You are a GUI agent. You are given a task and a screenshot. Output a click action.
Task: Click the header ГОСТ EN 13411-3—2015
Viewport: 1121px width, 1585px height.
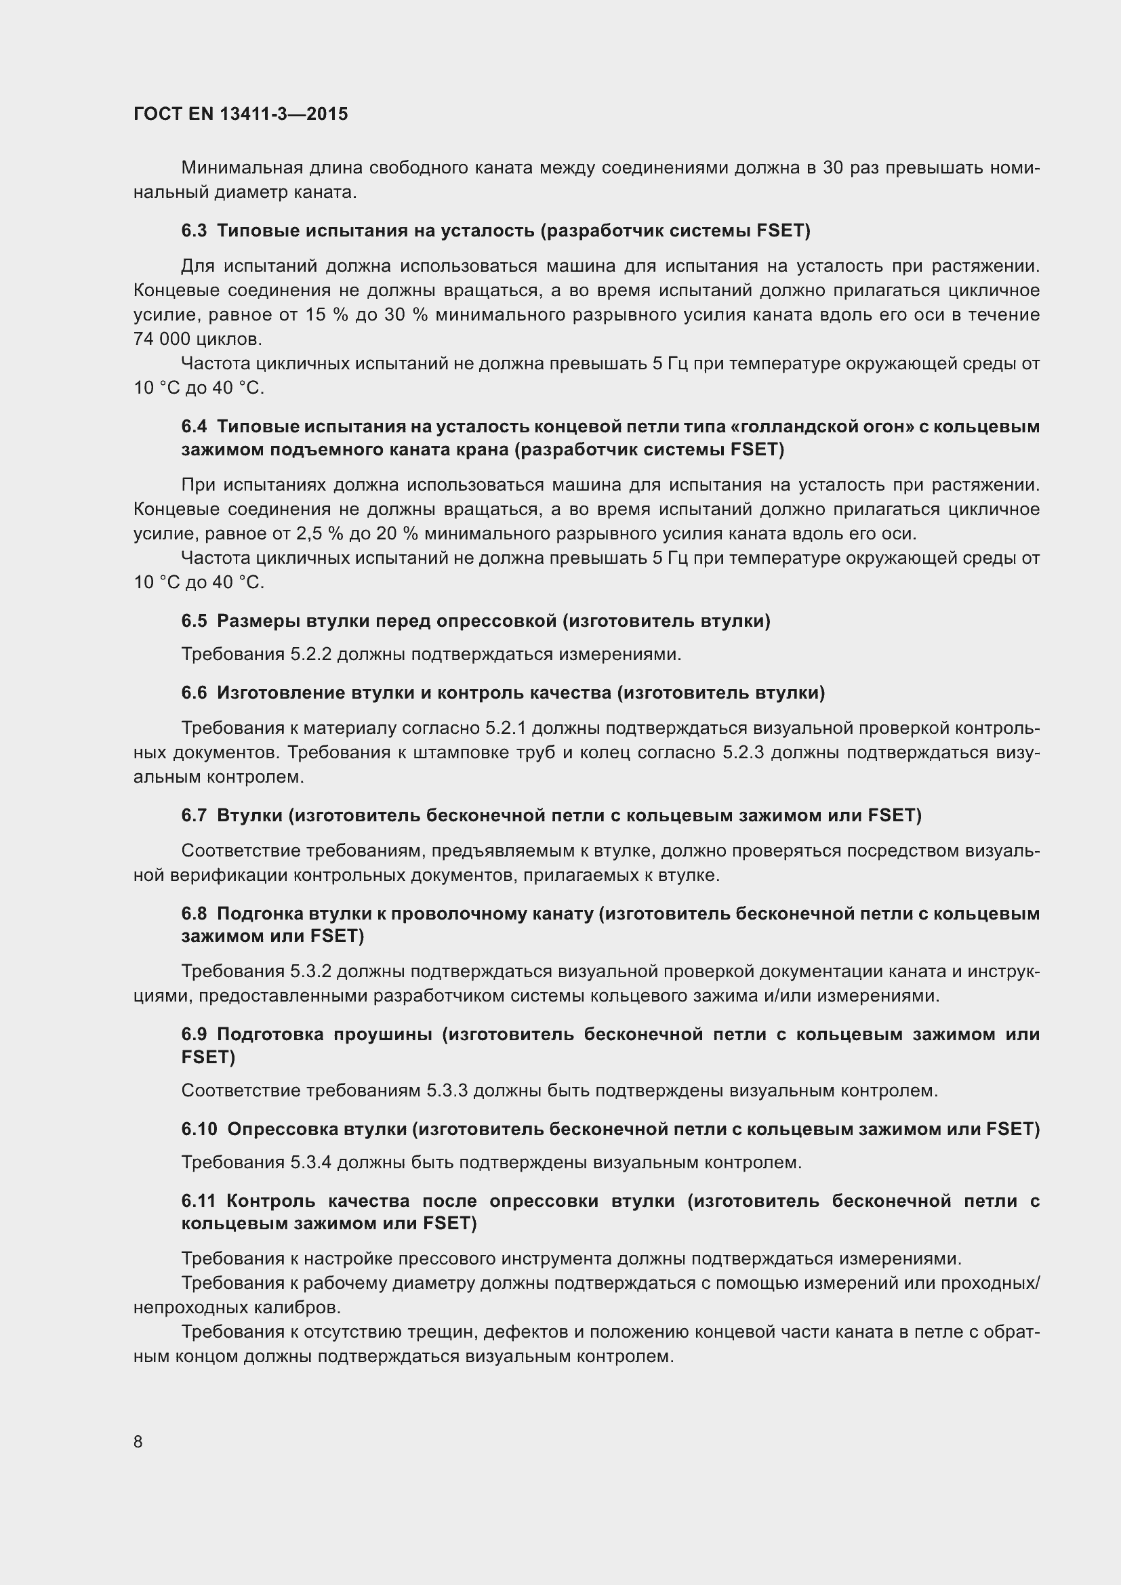click(241, 114)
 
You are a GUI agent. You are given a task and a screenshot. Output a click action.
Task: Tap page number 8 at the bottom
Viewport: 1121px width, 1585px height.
click(138, 1442)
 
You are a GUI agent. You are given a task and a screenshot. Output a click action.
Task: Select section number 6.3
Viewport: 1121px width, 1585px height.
click(194, 230)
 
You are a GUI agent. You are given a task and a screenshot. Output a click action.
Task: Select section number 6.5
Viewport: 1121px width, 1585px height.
click(194, 621)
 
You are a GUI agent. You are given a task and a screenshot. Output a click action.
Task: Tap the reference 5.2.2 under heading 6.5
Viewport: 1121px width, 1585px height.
click(310, 654)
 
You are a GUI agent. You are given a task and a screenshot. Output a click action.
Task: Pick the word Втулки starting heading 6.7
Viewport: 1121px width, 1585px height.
click(249, 815)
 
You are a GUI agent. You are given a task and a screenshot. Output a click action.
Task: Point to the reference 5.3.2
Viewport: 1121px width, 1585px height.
click(310, 971)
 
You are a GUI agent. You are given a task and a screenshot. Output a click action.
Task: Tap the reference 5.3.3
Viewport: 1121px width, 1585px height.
click(447, 1091)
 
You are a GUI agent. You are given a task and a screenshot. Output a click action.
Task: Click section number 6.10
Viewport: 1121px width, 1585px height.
click(199, 1129)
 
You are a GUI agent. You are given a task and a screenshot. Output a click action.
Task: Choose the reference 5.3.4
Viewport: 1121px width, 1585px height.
click(310, 1163)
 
